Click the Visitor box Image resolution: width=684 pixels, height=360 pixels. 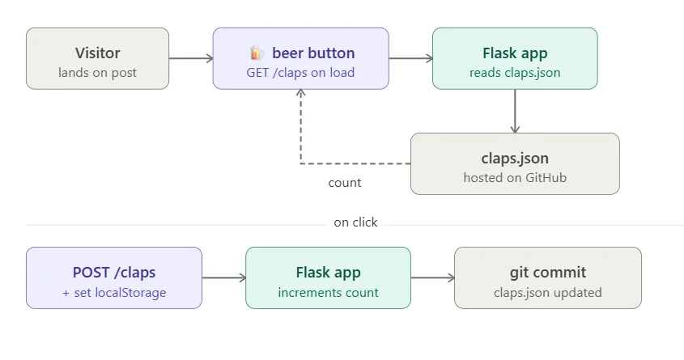click(97, 58)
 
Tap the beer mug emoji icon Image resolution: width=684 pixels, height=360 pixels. click(257, 53)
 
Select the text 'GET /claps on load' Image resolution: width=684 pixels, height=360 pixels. click(300, 72)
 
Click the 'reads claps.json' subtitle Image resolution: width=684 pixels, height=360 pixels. click(515, 72)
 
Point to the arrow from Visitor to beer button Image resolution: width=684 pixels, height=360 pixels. click(191, 58)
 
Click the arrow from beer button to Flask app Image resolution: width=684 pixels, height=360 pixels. click(410, 58)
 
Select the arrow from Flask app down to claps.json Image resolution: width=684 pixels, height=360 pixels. click(515, 111)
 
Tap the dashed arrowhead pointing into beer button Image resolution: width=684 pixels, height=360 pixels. click(300, 92)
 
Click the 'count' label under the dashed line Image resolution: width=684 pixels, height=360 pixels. click(345, 183)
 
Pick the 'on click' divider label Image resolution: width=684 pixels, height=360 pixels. click(355, 222)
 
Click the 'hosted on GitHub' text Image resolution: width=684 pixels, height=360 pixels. click(515, 178)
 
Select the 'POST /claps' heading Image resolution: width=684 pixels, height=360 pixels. click(114, 273)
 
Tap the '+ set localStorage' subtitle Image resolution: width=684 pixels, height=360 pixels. click(114, 292)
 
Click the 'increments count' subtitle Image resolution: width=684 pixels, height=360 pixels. click(328, 292)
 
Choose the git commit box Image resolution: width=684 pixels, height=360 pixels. click(548, 278)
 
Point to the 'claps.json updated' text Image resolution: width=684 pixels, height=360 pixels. click(548, 292)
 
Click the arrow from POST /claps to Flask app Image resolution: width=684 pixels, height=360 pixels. click(223, 277)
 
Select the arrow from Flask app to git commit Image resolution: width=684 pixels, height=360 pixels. click(433, 277)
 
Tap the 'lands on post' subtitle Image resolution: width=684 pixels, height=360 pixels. click(97, 72)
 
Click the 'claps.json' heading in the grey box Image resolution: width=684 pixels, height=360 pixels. click(515, 159)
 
